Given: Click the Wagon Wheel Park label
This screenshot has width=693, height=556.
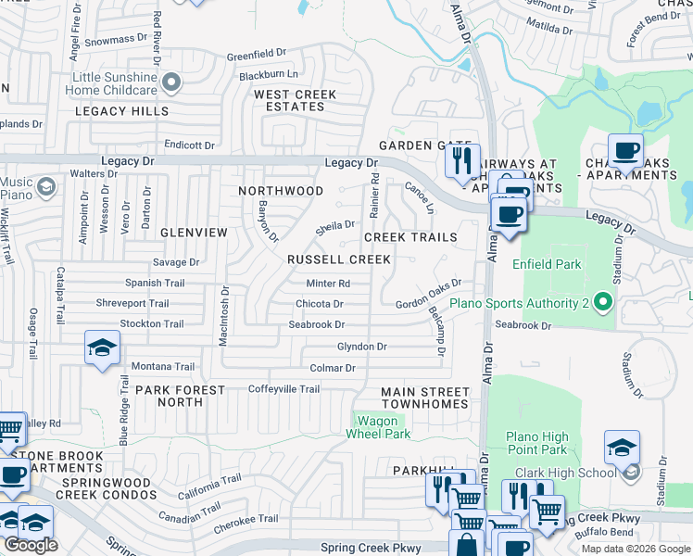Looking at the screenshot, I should click(x=379, y=426).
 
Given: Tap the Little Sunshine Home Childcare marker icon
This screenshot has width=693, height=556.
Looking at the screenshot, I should click(x=170, y=84).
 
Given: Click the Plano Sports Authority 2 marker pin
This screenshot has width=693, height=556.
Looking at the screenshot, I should click(x=603, y=302).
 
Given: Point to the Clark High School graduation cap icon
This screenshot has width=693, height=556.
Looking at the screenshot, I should click(x=622, y=448).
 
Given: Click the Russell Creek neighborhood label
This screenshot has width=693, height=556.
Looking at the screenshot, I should click(x=338, y=260).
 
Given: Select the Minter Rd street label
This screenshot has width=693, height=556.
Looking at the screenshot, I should click(x=329, y=284).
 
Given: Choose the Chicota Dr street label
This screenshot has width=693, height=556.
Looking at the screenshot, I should click(x=320, y=304).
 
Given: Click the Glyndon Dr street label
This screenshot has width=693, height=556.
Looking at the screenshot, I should click(x=361, y=347).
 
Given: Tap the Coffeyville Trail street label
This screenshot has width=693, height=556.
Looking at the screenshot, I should click(x=283, y=389).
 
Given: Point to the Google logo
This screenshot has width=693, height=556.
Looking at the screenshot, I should click(x=31, y=545).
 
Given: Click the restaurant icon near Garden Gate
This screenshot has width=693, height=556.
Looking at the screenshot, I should click(x=461, y=160).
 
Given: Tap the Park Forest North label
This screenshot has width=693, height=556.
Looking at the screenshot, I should click(x=181, y=396).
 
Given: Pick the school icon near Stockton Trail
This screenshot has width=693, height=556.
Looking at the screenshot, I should click(x=102, y=347).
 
